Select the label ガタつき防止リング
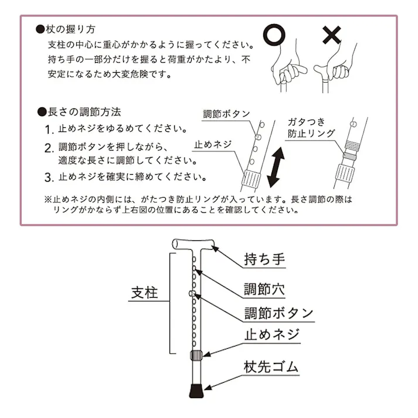pos(311,128)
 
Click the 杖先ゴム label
pos(271,367)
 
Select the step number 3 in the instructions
pos(49,177)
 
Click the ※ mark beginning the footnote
pos(48,199)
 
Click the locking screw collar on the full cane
pos(196,355)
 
